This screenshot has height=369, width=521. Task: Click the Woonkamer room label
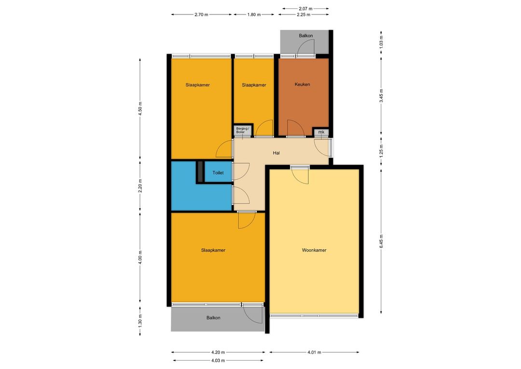point(314,250)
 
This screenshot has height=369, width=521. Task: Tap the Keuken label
point(302,85)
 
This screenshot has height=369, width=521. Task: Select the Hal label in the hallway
point(276,153)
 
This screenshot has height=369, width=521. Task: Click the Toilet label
point(218,173)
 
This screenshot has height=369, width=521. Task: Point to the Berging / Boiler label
point(242,130)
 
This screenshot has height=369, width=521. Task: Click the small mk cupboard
point(321,132)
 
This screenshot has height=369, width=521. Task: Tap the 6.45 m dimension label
point(381,241)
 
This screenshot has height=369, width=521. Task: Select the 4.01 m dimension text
point(314,352)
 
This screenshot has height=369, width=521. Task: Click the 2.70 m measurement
point(201,14)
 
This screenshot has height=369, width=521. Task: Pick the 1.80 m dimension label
point(254,14)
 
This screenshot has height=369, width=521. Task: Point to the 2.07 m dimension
point(305,9)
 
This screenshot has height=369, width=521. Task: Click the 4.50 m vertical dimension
point(140,109)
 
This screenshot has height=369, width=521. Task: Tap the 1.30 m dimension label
point(140,321)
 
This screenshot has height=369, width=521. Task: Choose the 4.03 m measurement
point(218,360)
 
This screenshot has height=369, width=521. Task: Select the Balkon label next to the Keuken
point(306,36)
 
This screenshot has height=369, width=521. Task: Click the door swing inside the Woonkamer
point(300,176)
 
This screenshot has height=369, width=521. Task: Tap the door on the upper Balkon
point(305,46)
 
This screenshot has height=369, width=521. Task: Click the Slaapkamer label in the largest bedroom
point(213,250)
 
